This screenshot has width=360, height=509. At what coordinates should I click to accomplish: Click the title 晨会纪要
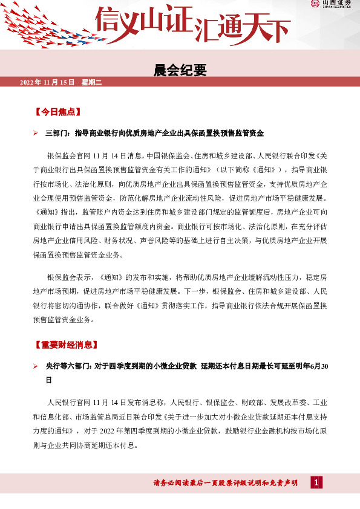pyautogui.click(x=180, y=70)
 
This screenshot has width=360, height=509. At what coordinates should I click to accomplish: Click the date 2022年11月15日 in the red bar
pyautogui.click(x=47, y=82)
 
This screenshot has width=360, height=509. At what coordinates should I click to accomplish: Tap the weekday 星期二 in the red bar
pyautogui.click(x=90, y=82)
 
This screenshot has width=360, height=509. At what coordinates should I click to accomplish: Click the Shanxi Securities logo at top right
pyautogui.click(x=332, y=5)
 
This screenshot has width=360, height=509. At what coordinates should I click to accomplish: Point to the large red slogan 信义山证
pyautogui.click(x=143, y=20)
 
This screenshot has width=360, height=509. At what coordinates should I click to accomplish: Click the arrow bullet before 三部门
pyautogui.click(x=36, y=131)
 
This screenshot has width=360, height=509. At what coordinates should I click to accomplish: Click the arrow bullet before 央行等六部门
pyautogui.click(x=36, y=366)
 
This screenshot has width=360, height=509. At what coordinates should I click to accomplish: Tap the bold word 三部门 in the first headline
pyautogui.click(x=58, y=131)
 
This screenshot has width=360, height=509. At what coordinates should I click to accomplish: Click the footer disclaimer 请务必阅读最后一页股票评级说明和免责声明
pyautogui.click(x=225, y=482)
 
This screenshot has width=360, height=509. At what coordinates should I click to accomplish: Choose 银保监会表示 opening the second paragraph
pyautogui.click(x=68, y=277)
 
